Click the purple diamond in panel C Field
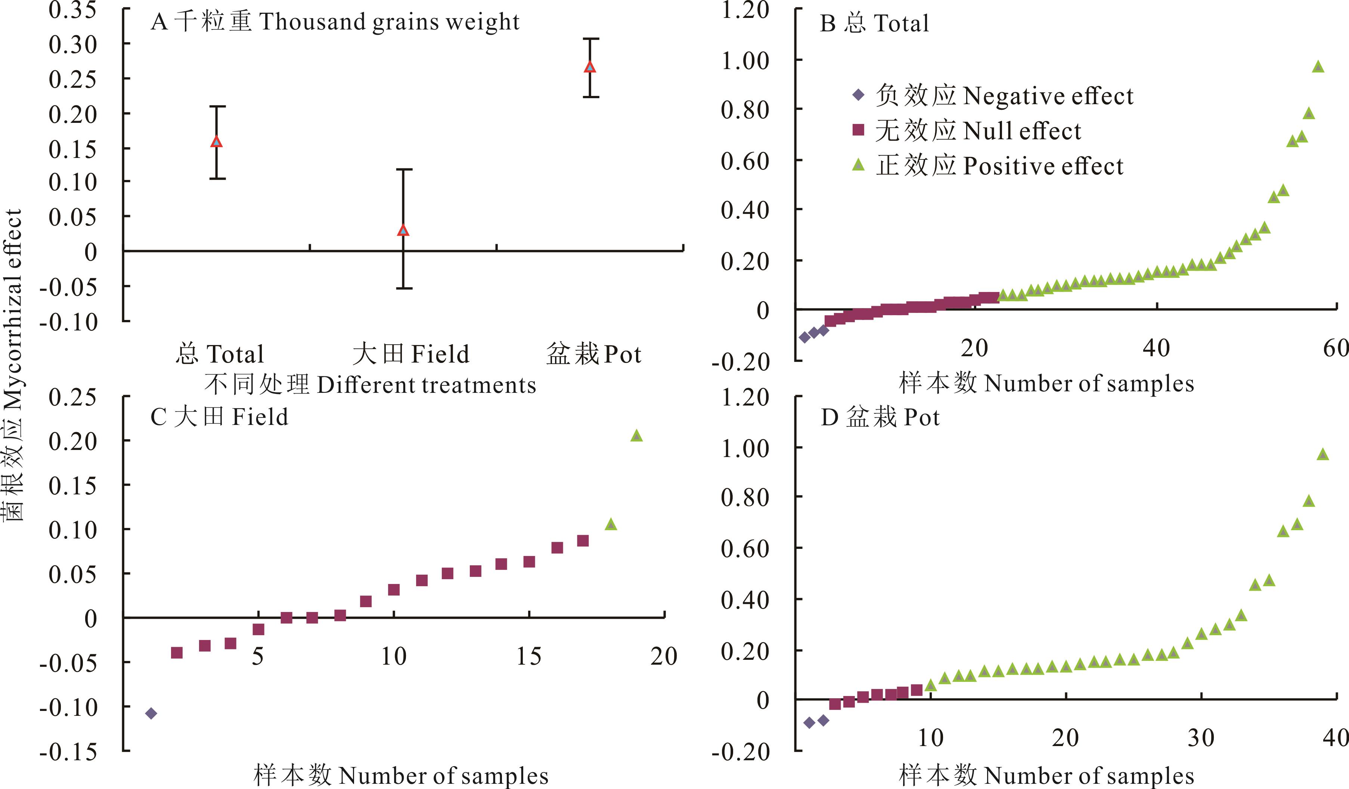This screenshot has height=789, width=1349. [151, 713]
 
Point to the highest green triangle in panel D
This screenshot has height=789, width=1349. [1323, 454]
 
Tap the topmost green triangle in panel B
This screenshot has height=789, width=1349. [1318, 67]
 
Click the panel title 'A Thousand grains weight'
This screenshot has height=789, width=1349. [335, 22]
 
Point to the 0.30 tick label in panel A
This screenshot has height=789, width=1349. [73, 45]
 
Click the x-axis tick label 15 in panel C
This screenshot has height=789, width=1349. [529, 656]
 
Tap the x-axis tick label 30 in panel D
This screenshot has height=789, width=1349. [1201, 737]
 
